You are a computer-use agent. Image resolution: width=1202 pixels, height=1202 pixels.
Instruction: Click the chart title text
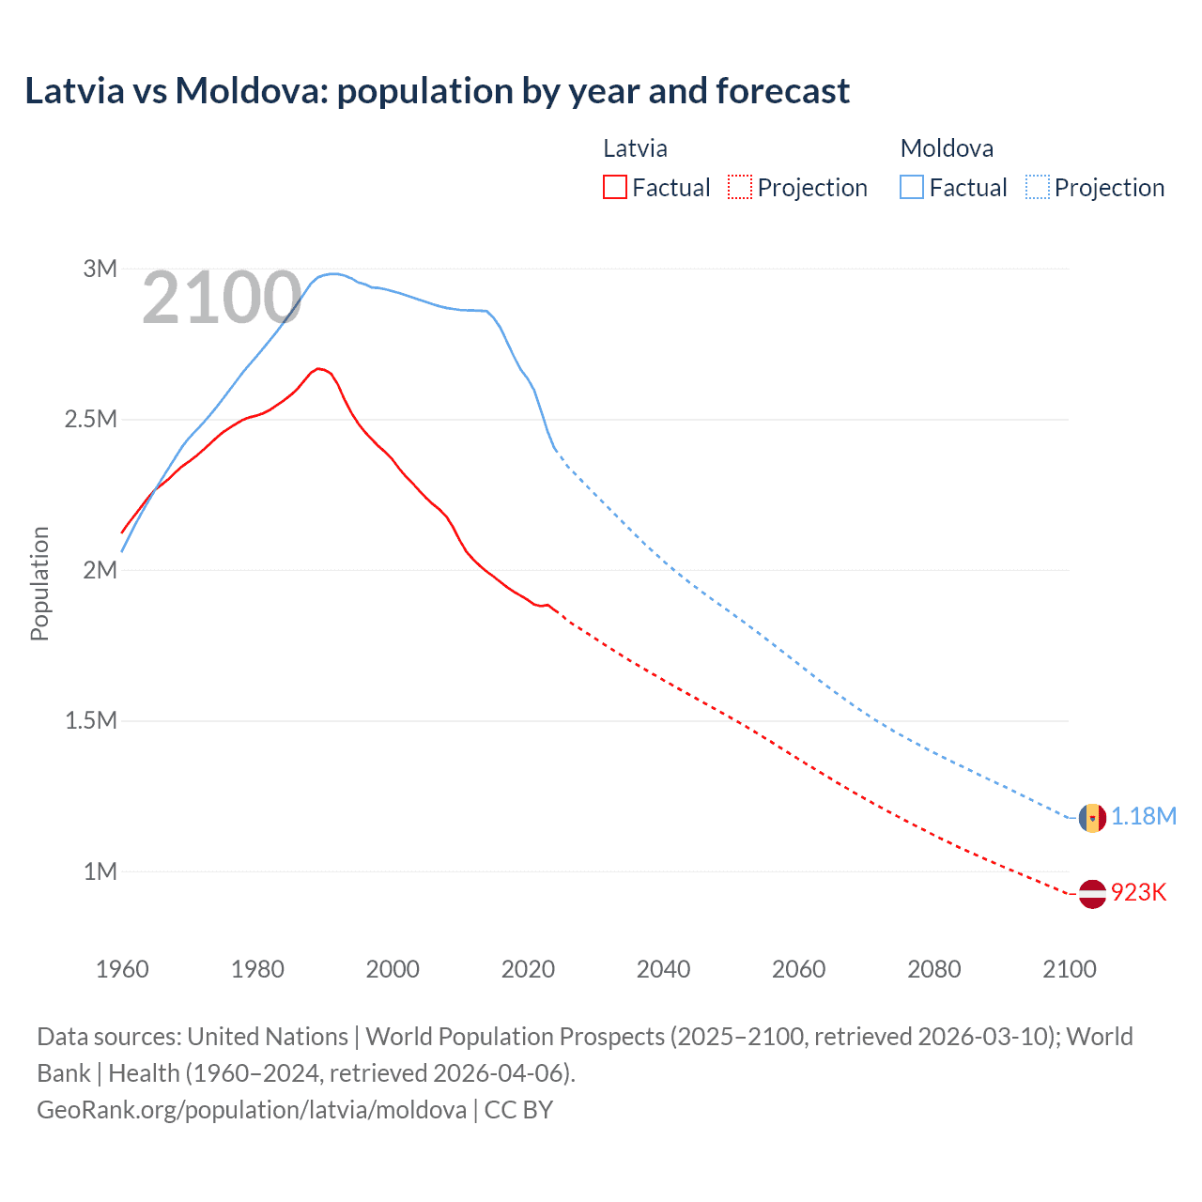(x=437, y=91)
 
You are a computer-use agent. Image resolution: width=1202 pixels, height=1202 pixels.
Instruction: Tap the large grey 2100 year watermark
(x=222, y=299)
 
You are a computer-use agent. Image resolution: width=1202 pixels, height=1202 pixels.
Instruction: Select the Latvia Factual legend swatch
(x=614, y=187)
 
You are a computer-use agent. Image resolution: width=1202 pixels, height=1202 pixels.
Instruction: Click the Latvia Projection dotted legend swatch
(x=740, y=187)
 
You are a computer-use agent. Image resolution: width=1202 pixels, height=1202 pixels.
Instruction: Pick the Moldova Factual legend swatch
(x=911, y=187)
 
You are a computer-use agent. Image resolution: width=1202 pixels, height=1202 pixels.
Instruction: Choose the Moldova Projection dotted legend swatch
(x=1037, y=187)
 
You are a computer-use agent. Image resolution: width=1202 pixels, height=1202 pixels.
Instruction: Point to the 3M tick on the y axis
(x=100, y=269)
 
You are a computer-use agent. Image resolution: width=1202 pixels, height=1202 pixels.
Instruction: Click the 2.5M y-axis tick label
(x=90, y=419)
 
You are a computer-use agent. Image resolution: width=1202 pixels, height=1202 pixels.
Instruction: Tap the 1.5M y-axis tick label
(x=90, y=720)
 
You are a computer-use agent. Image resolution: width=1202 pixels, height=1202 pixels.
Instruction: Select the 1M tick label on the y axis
(x=100, y=871)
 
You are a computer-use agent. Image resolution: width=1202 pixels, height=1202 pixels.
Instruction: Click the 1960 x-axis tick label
(x=122, y=969)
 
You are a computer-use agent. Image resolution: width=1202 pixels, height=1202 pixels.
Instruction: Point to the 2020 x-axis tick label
(x=528, y=969)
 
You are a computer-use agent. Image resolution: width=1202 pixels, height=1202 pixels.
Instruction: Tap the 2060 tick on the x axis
(x=798, y=969)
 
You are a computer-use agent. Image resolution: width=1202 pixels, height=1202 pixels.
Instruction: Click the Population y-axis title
(x=39, y=583)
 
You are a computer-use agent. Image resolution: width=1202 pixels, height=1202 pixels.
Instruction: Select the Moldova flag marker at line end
(x=1091, y=818)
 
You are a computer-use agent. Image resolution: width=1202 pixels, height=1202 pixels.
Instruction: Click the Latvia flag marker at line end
(x=1091, y=894)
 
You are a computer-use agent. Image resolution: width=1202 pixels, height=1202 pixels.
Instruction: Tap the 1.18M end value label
(x=1144, y=816)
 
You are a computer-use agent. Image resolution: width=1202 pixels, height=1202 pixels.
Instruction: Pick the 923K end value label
(x=1138, y=892)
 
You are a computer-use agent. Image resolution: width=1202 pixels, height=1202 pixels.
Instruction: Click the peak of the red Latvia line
(x=318, y=368)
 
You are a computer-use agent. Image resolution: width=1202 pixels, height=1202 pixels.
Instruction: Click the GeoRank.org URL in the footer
(x=252, y=1109)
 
